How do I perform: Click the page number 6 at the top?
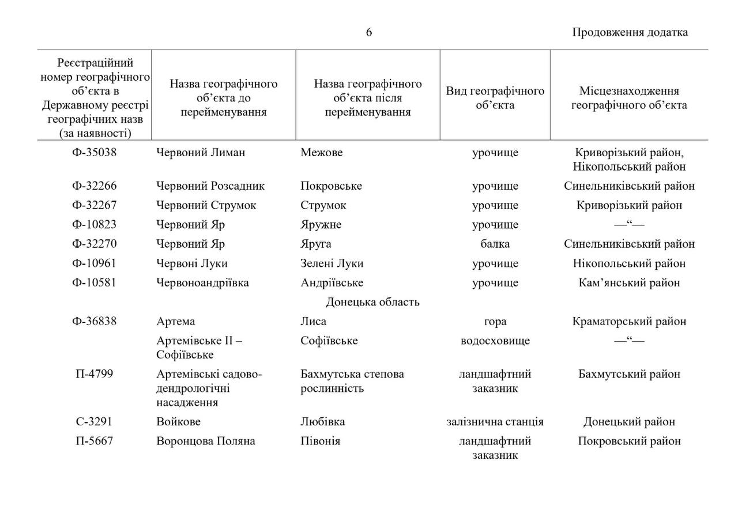(x=369, y=32)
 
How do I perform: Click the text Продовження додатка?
(x=630, y=32)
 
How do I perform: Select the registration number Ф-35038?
(x=94, y=153)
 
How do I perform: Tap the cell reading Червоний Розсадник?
(x=210, y=186)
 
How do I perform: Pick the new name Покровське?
(x=331, y=186)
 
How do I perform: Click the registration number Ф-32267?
(x=94, y=205)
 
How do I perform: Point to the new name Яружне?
(x=321, y=225)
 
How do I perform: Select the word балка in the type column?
(x=495, y=244)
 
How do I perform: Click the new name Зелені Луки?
(x=332, y=263)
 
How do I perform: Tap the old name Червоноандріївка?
(x=202, y=283)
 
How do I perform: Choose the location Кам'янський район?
(x=629, y=283)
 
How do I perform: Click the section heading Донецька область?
(x=372, y=302)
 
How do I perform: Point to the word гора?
(x=495, y=322)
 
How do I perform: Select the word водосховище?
(x=495, y=341)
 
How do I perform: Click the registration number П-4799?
(x=94, y=374)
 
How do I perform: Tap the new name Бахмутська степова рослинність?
(x=352, y=381)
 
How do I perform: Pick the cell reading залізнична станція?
(x=495, y=422)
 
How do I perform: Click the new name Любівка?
(x=322, y=422)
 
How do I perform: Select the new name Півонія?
(x=320, y=441)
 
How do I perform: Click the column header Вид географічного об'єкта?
(x=495, y=98)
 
